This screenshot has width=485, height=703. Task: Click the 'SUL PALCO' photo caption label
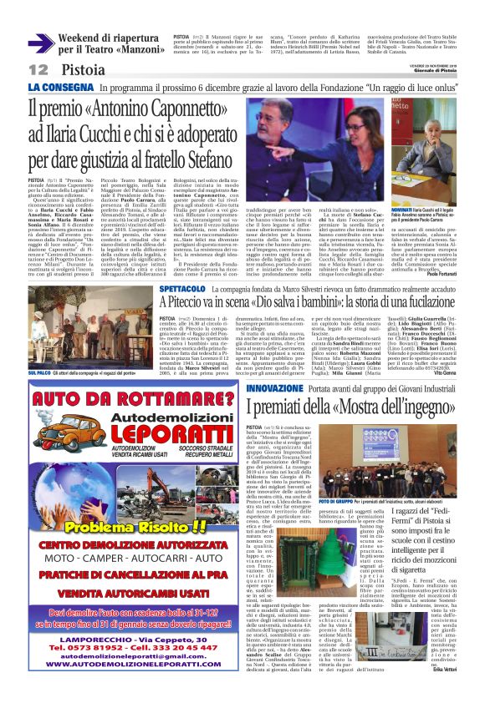point(39,372)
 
